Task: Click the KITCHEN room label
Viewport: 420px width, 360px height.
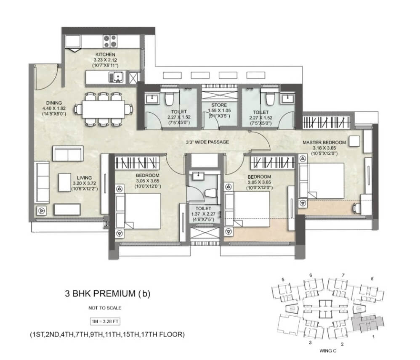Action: pyautogui.click(x=105, y=54)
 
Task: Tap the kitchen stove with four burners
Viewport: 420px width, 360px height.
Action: pyautogui.click(x=110, y=41)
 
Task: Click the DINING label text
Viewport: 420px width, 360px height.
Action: pyautogui.click(x=54, y=103)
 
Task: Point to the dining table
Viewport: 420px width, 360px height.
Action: pyautogui.click(x=104, y=109)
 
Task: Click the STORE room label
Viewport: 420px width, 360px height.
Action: pyautogui.click(x=219, y=105)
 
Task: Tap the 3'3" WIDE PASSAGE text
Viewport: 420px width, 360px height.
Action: pyautogui.click(x=207, y=142)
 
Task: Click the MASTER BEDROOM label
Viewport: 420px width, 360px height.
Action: pyautogui.click(x=324, y=143)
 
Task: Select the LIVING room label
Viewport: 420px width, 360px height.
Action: pyautogui.click(x=84, y=178)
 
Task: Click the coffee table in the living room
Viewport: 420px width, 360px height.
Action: pyautogui.click(x=64, y=182)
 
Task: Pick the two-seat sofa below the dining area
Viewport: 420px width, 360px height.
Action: pyautogui.click(x=68, y=154)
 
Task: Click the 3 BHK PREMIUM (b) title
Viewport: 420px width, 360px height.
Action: pyautogui.click(x=107, y=294)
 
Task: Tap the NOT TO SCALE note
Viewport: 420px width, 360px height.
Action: pyautogui.click(x=105, y=308)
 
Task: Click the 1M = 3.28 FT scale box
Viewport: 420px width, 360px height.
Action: pyautogui.click(x=105, y=321)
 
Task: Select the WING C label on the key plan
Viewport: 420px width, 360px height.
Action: pyautogui.click(x=327, y=351)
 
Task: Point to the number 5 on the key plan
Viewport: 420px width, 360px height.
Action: pyautogui.click(x=283, y=280)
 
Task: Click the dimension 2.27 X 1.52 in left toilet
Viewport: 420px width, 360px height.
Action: pyautogui.click(x=179, y=117)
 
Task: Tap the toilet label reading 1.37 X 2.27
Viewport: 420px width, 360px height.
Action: pyautogui.click(x=203, y=214)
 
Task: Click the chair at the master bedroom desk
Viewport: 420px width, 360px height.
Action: pyautogui.click(x=356, y=208)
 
